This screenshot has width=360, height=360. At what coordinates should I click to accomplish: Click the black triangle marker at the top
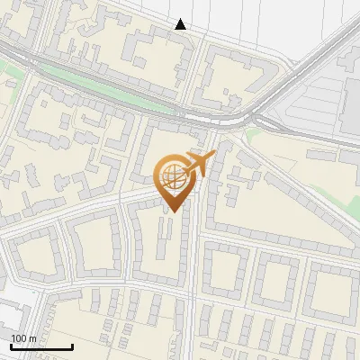pos(181,24)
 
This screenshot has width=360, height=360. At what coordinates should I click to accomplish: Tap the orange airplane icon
pos(198,164)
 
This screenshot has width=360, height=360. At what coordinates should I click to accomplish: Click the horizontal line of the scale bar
pos(40,346)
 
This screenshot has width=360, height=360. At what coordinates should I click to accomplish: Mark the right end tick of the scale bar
pos(72,345)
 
